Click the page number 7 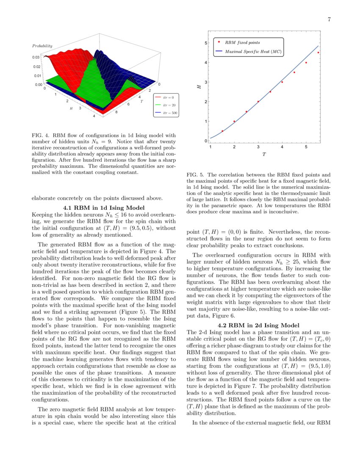329,19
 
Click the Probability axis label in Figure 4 42,45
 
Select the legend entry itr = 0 167,97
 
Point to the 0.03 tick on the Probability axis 36,57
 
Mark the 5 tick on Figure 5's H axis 205,43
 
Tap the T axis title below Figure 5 263,155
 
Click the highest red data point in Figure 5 318,53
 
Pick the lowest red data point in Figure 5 222,131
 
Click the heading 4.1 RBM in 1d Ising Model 104,208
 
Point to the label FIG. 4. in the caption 40,136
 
